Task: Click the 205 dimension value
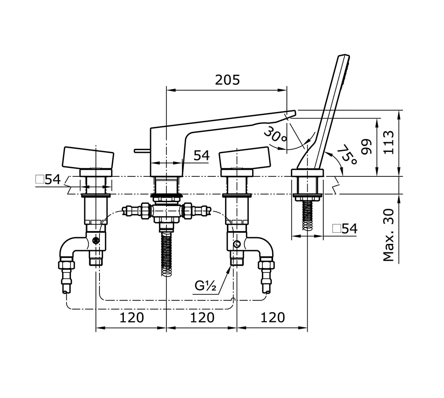coord(227,80)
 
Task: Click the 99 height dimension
coord(366,147)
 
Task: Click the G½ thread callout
coord(205,286)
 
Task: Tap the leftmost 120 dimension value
coord(131,318)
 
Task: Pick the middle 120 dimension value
coord(202,318)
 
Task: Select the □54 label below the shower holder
coord(345,229)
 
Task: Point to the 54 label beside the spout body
coord(201,155)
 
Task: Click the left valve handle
coord(88,158)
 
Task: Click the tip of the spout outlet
coord(291,114)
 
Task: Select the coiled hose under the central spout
coord(166,253)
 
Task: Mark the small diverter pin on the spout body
coord(141,151)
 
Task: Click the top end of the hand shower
coord(344,57)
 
